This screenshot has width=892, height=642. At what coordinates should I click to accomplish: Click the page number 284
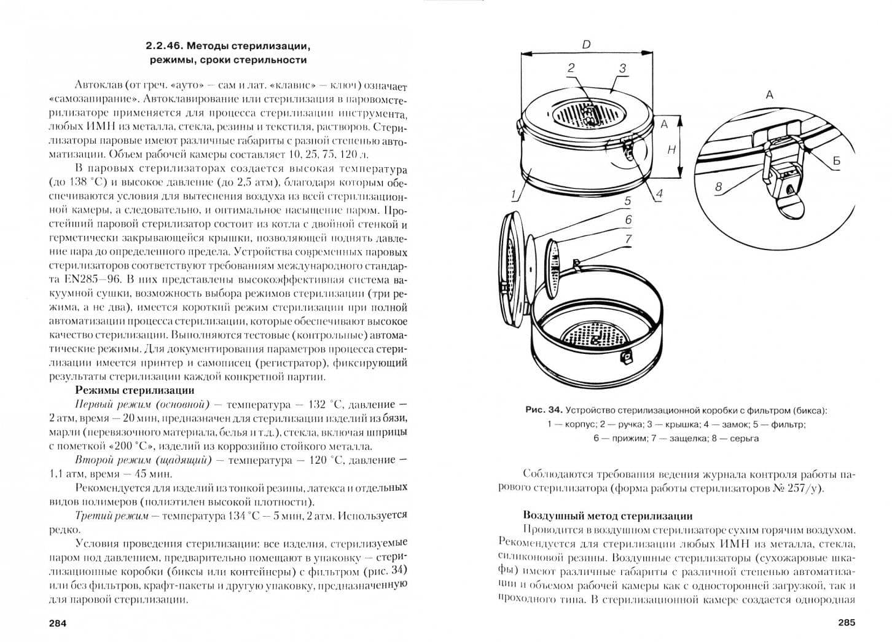click(57, 624)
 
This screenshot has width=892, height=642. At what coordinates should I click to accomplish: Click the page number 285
click(847, 622)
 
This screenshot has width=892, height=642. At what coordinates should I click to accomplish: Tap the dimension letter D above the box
click(586, 45)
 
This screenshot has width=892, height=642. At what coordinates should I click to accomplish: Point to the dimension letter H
click(672, 150)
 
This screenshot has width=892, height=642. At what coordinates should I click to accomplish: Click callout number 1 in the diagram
click(514, 194)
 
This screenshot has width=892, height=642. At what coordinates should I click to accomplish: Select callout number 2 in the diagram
click(571, 68)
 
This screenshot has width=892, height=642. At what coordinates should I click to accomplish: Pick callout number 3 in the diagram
click(623, 68)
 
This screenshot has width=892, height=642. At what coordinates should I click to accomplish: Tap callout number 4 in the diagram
click(659, 194)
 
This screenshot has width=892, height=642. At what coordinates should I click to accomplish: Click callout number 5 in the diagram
click(628, 201)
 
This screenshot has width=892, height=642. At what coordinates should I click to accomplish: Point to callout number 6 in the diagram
click(628, 219)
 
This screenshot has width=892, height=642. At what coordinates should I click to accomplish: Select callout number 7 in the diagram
click(628, 238)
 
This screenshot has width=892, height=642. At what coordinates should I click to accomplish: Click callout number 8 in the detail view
click(718, 186)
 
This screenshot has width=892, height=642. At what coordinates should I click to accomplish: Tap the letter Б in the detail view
click(836, 160)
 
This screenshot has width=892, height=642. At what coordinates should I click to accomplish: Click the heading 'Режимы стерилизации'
click(135, 390)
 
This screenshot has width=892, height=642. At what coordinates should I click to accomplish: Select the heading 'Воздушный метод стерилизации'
click(608, 516)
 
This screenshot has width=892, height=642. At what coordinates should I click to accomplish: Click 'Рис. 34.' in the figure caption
click(544, 410)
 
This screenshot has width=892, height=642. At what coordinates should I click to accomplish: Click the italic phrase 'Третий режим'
click(112, 516)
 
